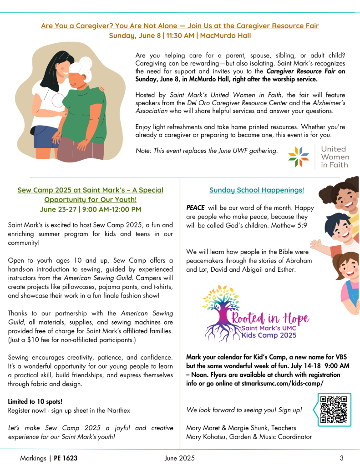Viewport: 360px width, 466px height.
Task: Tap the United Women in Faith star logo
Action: [x=299, y=157]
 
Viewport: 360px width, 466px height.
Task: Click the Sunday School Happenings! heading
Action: [x=257, y=190]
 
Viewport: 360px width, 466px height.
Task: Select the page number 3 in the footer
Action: [x=341, y=458]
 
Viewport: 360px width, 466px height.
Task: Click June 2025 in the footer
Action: [x=180, y=458]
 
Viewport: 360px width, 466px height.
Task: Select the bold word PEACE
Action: [x=195, y=208]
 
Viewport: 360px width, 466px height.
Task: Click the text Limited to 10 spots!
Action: [x=35, y=402]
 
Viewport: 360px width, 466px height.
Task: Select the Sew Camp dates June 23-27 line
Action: [x=90, y=209]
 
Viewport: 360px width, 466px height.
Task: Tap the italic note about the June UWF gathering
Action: [x=207, y=151]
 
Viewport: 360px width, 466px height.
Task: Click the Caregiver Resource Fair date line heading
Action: [x=180, y=35]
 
